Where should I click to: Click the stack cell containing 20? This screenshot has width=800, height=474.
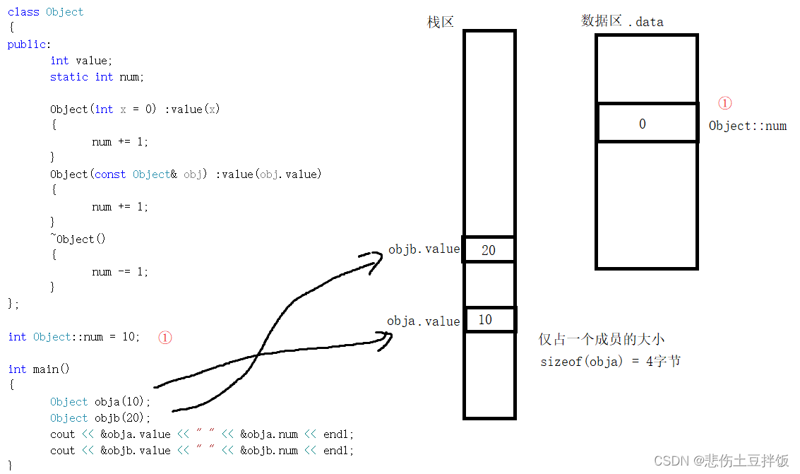click(489, 250)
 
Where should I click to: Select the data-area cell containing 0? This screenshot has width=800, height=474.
click(646, 124)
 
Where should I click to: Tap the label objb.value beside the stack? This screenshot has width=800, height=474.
click(424, 249)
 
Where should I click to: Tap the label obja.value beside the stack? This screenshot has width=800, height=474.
click(423, 321)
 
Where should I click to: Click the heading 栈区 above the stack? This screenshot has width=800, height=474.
click(441, 22)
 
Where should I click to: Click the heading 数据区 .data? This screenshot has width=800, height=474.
click(622, 21)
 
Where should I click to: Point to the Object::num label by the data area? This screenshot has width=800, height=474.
click(747, 126)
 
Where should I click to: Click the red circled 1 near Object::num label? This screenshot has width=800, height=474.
click(724, 103)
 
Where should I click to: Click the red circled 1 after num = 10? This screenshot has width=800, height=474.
click(165, 338)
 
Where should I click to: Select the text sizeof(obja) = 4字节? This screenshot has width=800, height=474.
click(610, 362)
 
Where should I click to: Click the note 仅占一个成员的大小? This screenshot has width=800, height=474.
click(602, 340)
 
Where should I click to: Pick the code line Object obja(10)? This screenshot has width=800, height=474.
click(100, 402)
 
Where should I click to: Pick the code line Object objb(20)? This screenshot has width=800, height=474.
click(100, 418)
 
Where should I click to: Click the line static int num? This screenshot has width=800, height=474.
click(97, 77)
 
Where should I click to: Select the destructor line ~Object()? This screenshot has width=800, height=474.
click(78, 239)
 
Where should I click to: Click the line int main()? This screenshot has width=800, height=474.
click(39, 369)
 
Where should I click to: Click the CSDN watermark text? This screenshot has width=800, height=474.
click(721, 461)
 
